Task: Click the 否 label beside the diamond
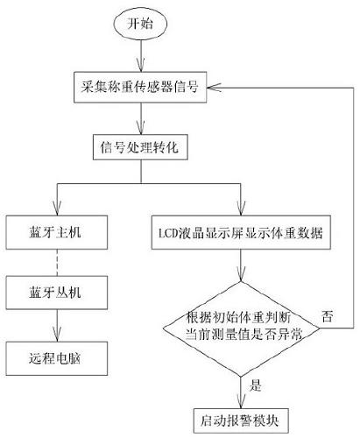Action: coord(326,313)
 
